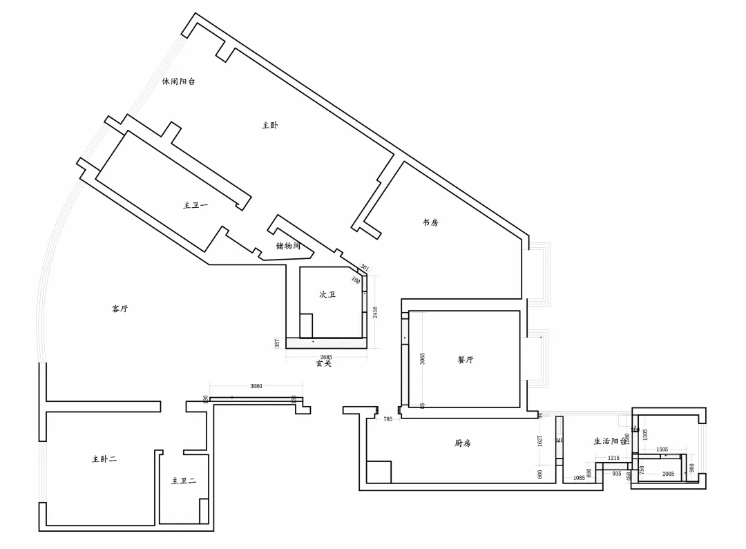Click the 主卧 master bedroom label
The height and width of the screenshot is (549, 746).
pos(269,125)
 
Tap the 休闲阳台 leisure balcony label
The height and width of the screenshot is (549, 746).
pos(178,81)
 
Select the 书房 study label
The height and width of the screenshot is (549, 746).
pos(430,222)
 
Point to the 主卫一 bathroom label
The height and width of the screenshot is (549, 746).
pos(195,205)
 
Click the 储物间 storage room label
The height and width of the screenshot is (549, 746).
pos(287,245)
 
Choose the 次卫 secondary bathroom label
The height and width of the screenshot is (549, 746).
pos(327,294)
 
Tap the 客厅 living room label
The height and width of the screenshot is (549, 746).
pos(119,309)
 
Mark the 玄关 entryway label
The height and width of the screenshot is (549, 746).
pos(323,363)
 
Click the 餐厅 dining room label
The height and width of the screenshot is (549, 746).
pos(466,360)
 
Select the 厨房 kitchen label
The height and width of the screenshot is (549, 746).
pos(463,443)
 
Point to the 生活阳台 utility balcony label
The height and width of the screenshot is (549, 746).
pos(611,441)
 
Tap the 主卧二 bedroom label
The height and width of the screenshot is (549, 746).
pos(104,459)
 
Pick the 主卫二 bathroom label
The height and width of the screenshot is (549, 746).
pos(184,481)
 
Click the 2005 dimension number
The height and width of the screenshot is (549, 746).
pos(668,474)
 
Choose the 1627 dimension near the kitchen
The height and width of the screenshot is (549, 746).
pos(540,440)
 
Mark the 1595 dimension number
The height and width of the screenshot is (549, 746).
pos(662,450)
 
